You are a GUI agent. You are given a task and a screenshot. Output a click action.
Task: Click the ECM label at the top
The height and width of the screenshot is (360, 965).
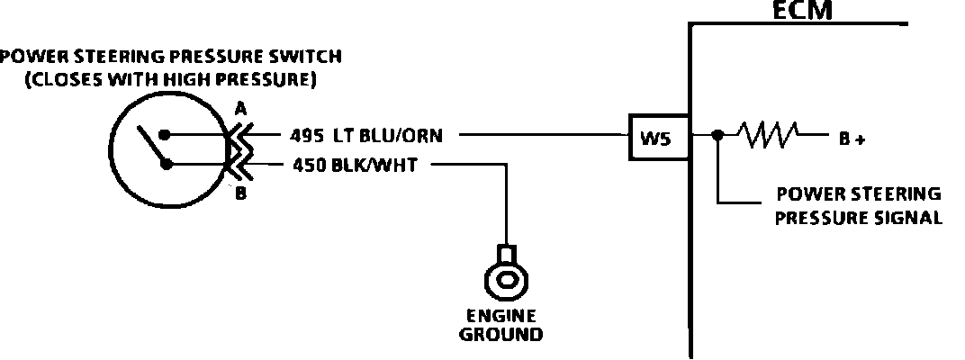pos(805,11)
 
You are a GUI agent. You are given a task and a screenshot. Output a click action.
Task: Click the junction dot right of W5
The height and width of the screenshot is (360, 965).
pos(717,137)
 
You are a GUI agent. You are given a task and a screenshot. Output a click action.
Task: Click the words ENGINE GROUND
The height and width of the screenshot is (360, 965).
pos(501,326)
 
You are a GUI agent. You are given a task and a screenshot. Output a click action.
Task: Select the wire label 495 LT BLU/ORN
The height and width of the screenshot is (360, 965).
pos(373,137)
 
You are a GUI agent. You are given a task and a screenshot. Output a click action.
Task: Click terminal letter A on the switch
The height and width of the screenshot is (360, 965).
pos(240,109)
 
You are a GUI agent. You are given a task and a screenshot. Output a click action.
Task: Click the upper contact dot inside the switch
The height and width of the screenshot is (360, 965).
pos(166,136)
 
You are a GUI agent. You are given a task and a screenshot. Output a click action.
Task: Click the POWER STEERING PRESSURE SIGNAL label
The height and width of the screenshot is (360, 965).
pos(858,206)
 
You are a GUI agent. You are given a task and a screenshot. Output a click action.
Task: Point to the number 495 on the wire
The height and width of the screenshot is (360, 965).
pos(307,137)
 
